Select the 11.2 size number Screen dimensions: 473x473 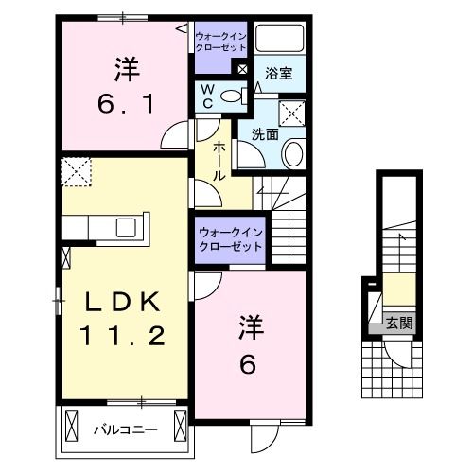pyautogui.click(x=124, y=334)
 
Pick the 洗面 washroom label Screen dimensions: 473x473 pyautogui.click(x=265, y=133)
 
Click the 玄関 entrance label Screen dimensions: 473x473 pyautogui.click(x=397, y=322)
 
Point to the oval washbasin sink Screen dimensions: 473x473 pyautogui.click(x=292, y=154)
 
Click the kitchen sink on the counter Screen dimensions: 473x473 pyautogui.click(x=125, y=228)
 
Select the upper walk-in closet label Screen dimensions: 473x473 pyautogui.click(x=219, y=42)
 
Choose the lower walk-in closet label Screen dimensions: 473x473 pyautogui.click(x=231, y=237)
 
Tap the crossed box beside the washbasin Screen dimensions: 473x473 pyautogui.click(x=293, y=114)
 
